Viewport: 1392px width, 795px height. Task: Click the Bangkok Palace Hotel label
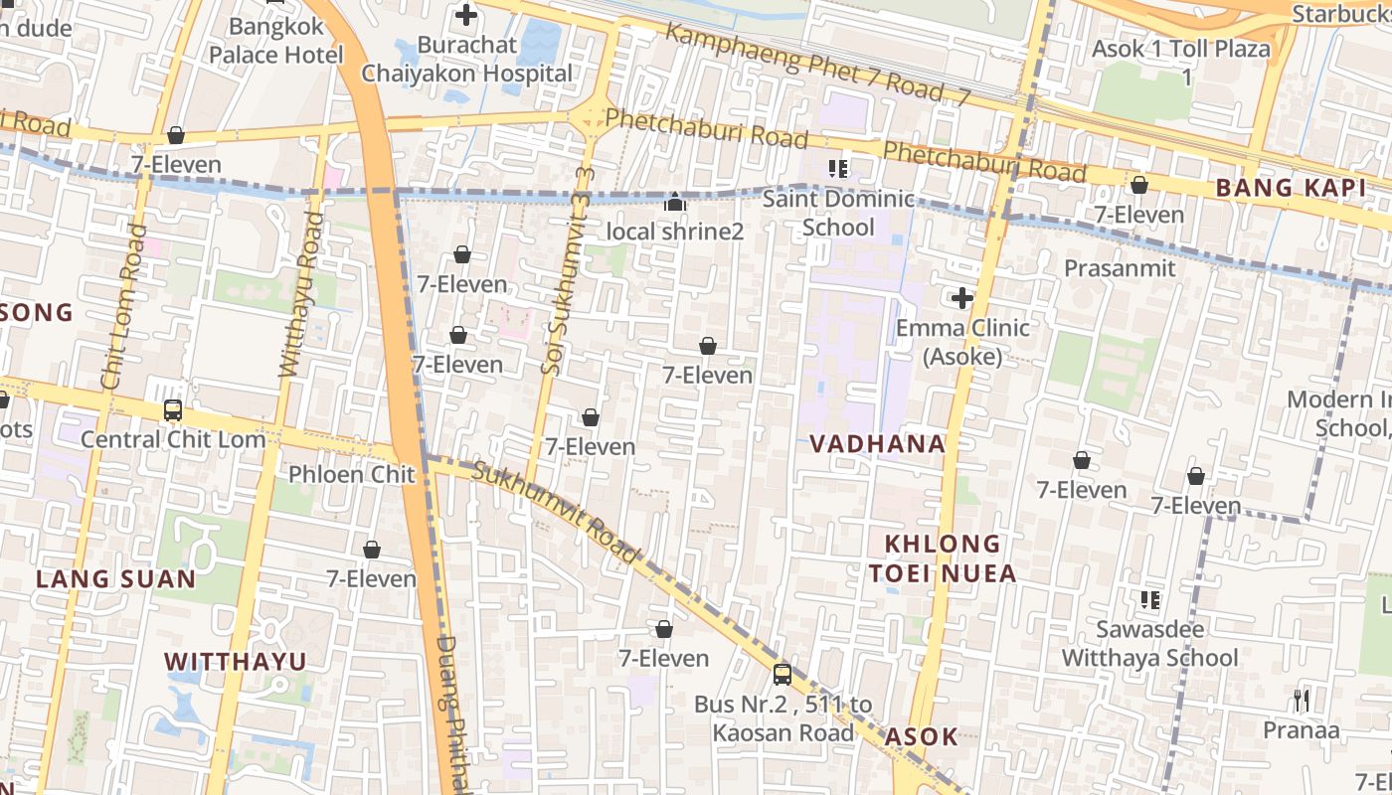point(275,40)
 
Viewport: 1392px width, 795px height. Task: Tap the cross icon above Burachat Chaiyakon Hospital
point(465,15)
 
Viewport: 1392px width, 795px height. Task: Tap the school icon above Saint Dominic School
point(838,169)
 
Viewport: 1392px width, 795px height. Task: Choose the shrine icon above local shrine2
point(675,203)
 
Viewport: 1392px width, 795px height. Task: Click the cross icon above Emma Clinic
point(961,298)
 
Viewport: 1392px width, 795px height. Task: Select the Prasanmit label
point(1120,268)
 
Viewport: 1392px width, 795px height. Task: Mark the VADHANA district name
point(877,444)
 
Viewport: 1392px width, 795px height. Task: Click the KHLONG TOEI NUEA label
point(943,558)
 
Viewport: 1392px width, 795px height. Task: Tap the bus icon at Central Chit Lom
point(172,410)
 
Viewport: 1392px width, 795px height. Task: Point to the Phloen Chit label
point(351,474)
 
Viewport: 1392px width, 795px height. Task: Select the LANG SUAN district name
point(116,579)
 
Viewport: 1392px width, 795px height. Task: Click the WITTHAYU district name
point(235,662)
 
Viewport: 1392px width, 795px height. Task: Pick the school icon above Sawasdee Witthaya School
point(1150,600)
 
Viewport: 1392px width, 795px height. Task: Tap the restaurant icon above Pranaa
point(1302,701)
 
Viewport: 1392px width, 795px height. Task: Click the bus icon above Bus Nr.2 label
point(783,675)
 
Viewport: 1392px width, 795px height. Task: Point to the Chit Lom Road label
point(122,306)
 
